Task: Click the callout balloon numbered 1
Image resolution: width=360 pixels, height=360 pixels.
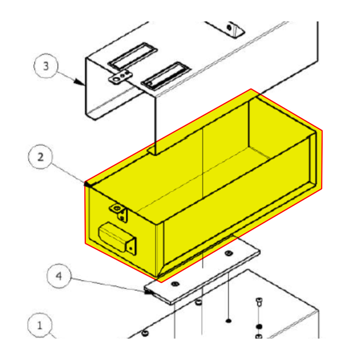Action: coord(40,325)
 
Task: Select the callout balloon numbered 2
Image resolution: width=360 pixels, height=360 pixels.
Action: coord(40,157)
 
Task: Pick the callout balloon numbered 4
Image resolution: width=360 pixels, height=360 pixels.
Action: coord(58,276)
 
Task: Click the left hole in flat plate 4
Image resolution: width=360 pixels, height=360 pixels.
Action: coord(175,285)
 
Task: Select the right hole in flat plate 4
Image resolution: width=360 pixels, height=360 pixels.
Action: coord(228,253)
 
